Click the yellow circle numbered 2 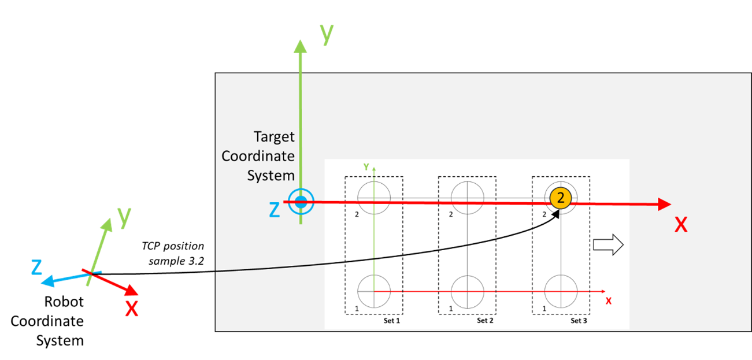[x=561, y=198]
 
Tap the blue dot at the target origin [x=301, y=202]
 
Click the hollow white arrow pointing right [x=608, y=244]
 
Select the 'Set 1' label [x=392, y=321]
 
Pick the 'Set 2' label [x=485, y=321]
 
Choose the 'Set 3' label [x=579, y=321]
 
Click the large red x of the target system [x=681, y=225]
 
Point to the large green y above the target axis [x=327, y=34]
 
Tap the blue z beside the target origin [x=275, y=210]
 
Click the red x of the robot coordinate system [x=132, y=309]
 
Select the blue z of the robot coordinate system [x=36, y=268]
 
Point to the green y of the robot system [x=124, y=217]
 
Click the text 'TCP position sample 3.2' [x=173, y=253]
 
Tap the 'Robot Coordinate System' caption [x=47, y=321]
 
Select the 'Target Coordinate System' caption [x=258, y=156]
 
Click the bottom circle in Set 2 [x=467, y=292]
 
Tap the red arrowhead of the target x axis [x=664, y=204]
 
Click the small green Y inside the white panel [x=366, y=167]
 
